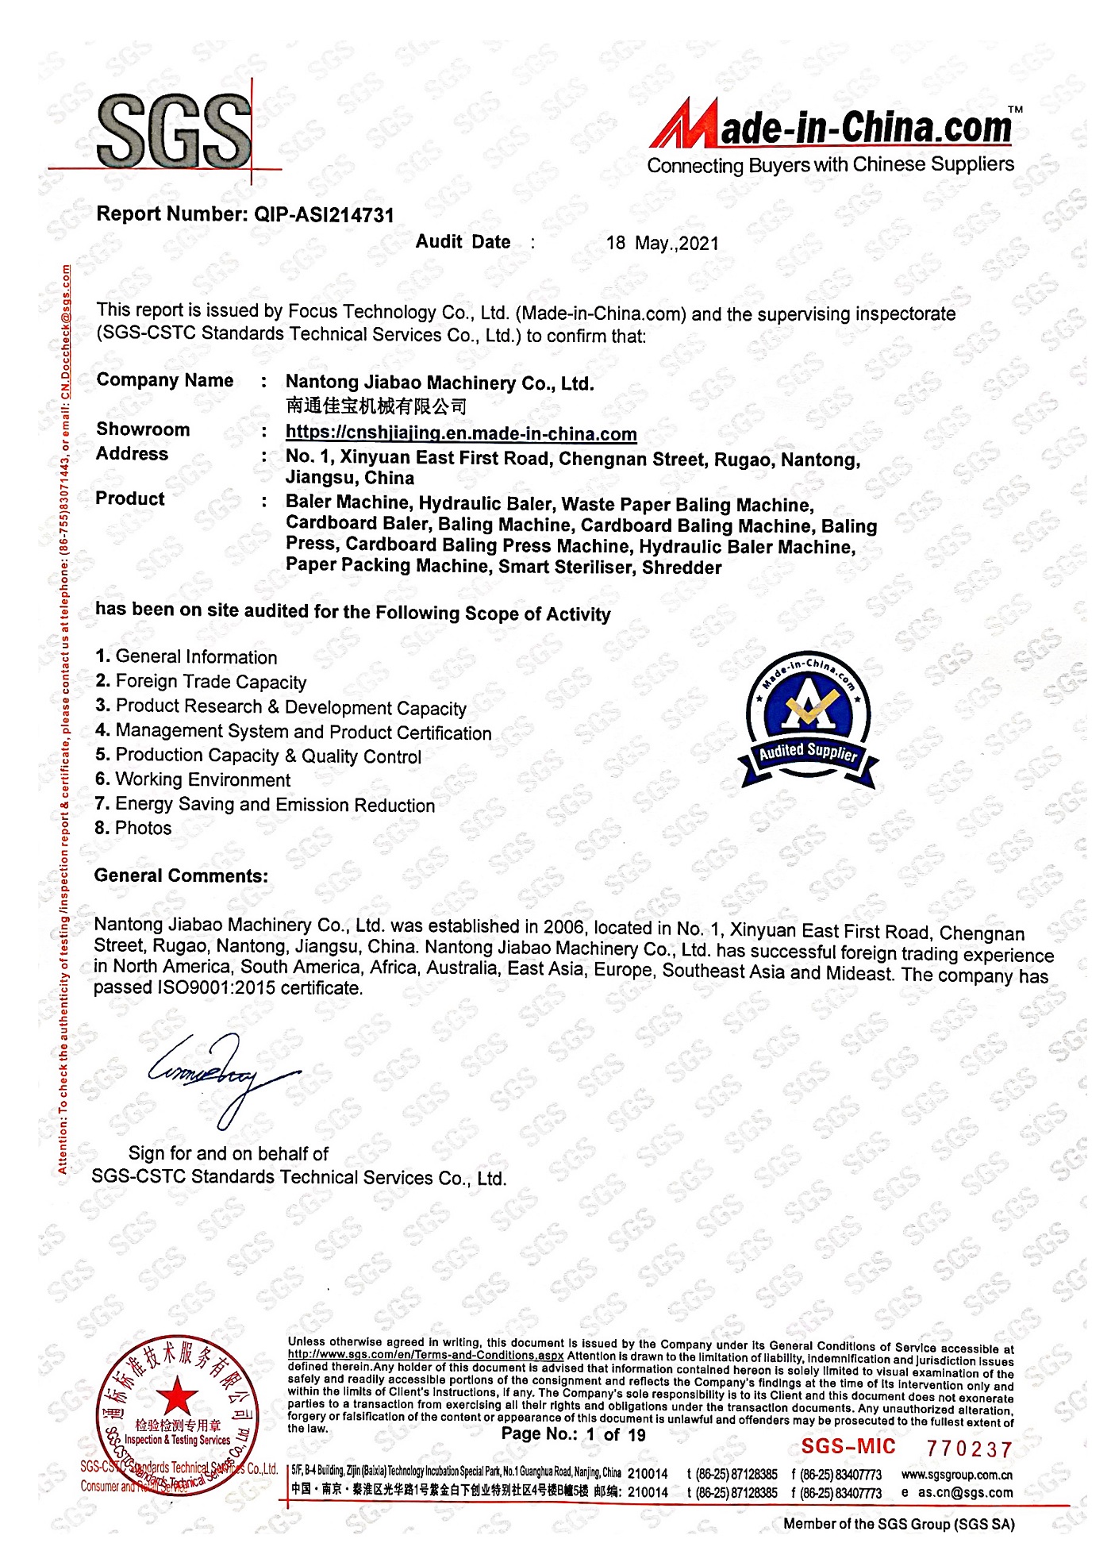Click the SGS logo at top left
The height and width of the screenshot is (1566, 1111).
click(x=175, y=132)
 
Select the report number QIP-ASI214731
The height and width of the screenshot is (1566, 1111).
click(x=324, y=215)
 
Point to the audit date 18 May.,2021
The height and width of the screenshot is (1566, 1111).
click(x=663, y=244)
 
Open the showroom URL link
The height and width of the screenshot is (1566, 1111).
click(x=461, y=433)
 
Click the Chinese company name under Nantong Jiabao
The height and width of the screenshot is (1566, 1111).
click(x=376, y=406)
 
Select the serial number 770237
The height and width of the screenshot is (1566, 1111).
click(x=969, y=1449)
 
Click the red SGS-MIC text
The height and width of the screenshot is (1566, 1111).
click(x=848, y=1447)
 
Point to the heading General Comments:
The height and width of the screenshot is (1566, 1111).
click(x=181, y=875)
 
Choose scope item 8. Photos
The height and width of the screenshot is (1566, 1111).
click(x=133, y=828)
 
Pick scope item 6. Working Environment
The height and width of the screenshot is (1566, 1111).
click(x=193, y=779)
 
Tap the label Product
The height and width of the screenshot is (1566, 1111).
click(x=130, y=498)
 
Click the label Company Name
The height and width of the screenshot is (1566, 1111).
click(x=165, y=380)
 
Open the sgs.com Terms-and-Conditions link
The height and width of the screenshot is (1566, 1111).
click(x=425, y=1355)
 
